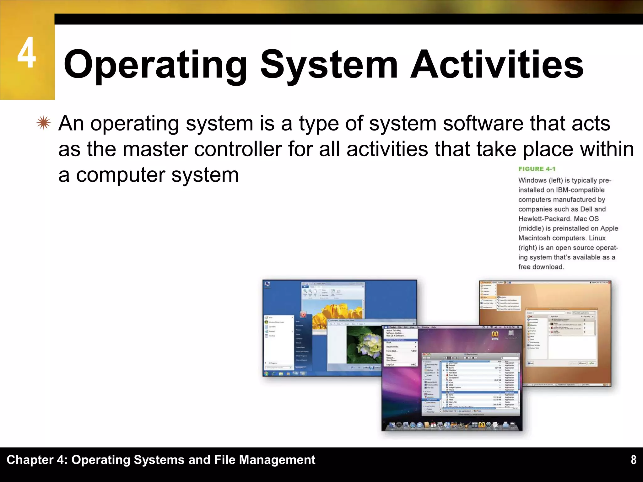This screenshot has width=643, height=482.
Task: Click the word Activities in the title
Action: (497, 65)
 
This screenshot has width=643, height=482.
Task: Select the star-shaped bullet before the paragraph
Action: (43, 123)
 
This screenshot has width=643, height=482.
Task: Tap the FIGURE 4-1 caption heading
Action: (537, 169)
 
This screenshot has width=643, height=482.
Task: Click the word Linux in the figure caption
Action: (597, 238)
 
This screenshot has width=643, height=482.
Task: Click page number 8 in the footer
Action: (634, 460)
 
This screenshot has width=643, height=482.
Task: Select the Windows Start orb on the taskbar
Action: (267, 373)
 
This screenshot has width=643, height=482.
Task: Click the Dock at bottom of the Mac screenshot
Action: (452, 425)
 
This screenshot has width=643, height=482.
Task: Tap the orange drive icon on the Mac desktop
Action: (495, 335)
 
